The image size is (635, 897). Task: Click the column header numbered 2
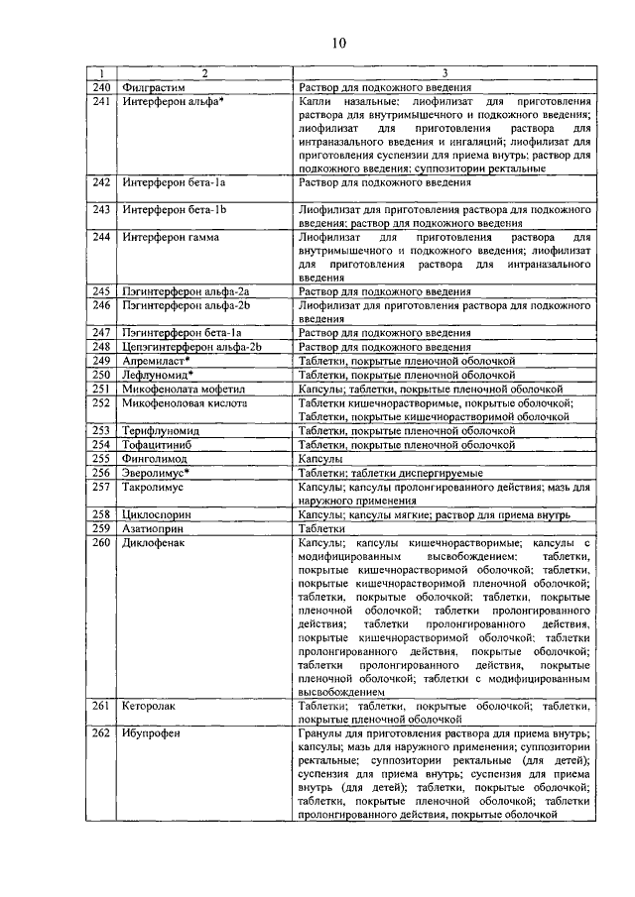coord(204,74)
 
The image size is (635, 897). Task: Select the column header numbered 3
coord(444,74)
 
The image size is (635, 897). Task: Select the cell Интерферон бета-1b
coord(175,210)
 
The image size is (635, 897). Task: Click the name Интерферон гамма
coord(171,238)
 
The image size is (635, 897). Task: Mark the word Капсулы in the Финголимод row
coord(320,460)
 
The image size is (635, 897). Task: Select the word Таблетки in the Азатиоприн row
coord(323,529)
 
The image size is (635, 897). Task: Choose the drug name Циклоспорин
coord(157,515)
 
